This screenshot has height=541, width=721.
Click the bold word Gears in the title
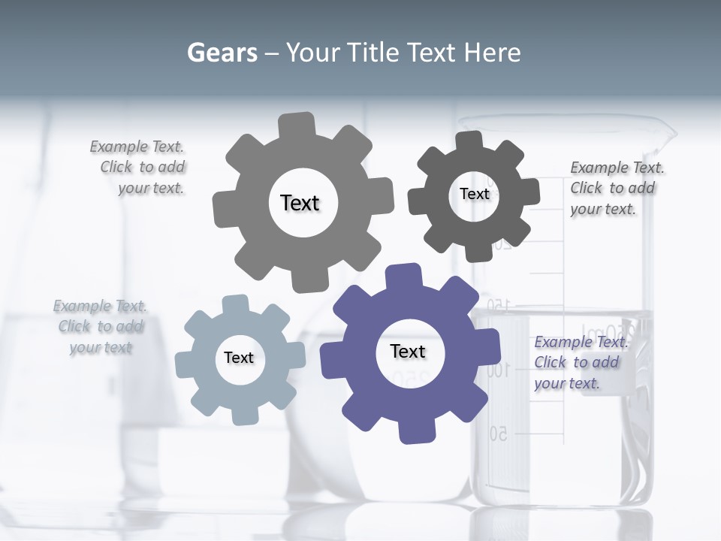222,53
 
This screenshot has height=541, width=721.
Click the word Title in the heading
373,53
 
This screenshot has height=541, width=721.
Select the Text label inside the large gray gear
300,203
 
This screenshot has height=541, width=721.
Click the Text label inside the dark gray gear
474,194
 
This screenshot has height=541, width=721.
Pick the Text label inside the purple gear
408,351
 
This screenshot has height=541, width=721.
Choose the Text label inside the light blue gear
239,358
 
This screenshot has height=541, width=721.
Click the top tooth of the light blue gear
234,304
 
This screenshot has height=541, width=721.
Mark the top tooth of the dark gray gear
469,141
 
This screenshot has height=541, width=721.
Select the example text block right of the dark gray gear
616,188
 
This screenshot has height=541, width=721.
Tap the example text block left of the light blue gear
101,326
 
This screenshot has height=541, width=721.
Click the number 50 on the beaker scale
499,434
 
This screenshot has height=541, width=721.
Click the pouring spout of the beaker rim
666,135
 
